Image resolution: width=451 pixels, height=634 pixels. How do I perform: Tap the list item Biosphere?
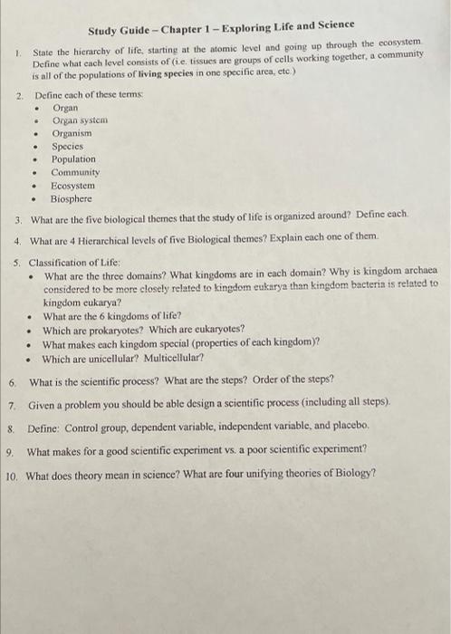[72, 197]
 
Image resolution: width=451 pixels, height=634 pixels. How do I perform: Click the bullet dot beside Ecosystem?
[35, 185]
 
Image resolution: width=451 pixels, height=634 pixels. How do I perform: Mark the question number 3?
[20, 219]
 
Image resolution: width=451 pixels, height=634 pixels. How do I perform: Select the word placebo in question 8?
[346, 425]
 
